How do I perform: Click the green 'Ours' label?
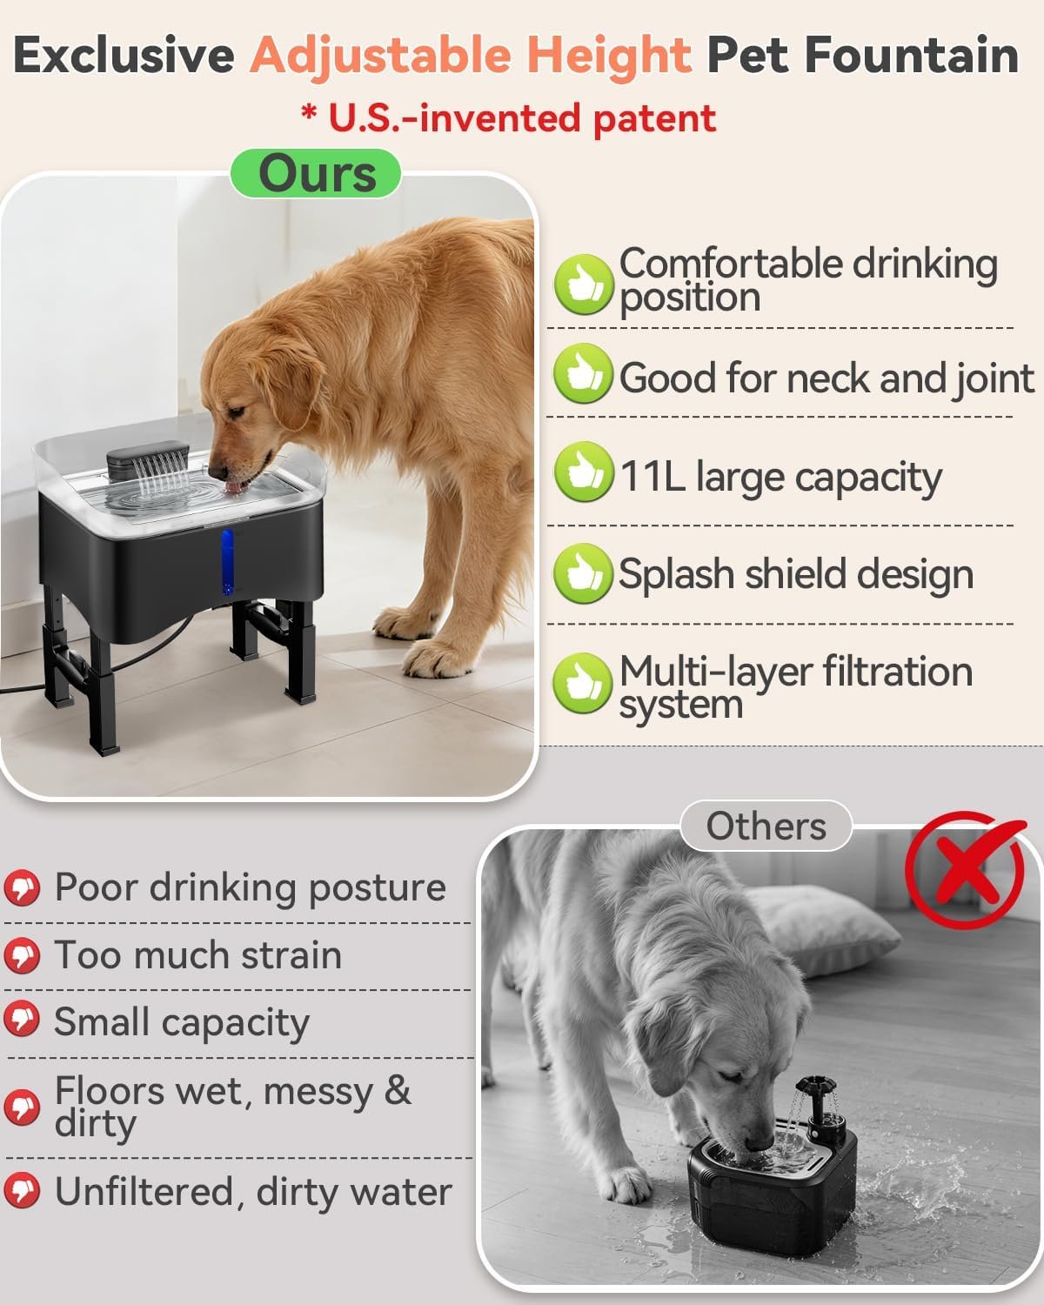[x=316, y=173]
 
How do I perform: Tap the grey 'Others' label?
[x=766, y=826]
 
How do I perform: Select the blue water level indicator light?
[x=227, y=561]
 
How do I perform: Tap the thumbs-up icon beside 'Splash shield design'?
[x=583, y=573]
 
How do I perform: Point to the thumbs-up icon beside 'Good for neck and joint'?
[x=583, y=373]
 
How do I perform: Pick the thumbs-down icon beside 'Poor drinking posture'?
[x=22, y=888]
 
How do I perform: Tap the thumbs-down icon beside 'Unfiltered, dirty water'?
[x=22, y=1190]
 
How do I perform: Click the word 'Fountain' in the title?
[x=911, y=56]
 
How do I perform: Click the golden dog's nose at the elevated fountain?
[x=217, y=472]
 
